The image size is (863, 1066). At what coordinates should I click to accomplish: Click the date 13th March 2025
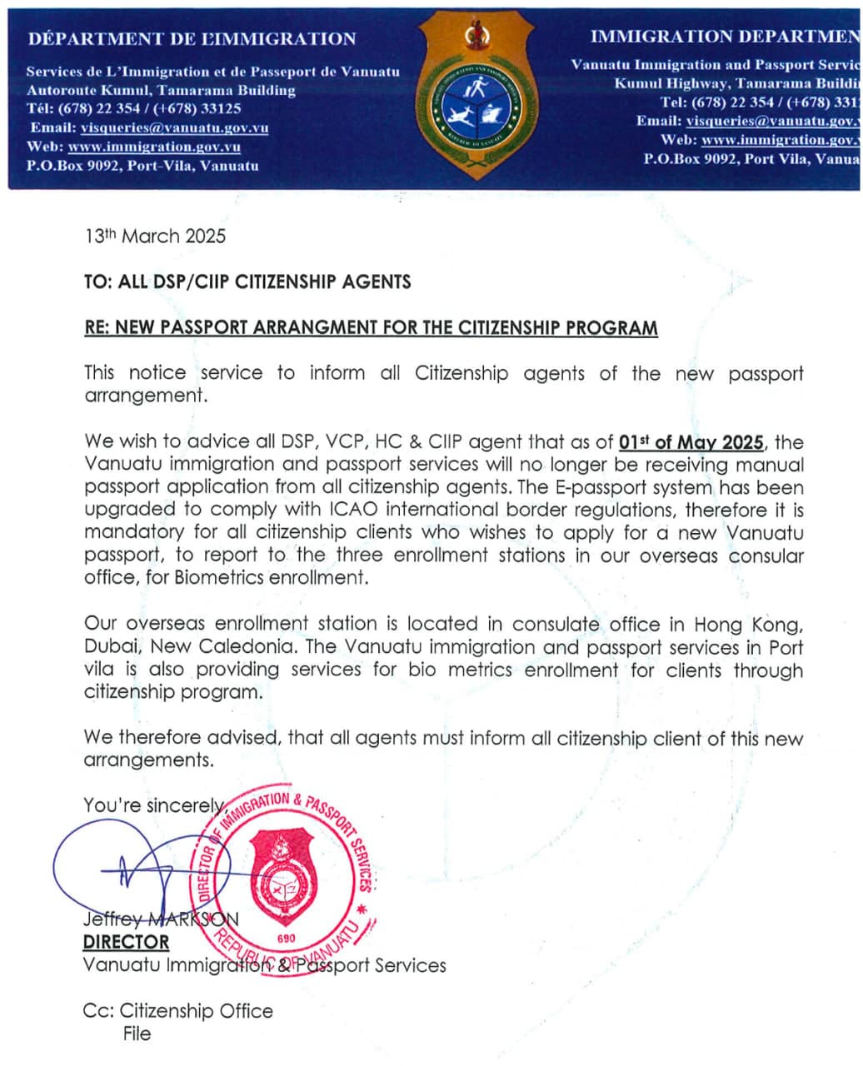click(x=155, y=237)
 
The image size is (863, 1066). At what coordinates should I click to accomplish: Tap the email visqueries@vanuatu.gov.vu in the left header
click(x=174, y=127)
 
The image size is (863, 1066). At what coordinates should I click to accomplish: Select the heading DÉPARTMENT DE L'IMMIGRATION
click(x=192, y=38)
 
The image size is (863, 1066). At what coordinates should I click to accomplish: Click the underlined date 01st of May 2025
click(x=691, y=442)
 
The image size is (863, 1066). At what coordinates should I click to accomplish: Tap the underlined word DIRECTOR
click(x=126, y=942)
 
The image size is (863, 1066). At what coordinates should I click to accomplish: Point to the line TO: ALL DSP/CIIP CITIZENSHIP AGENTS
click(x=247, y=281)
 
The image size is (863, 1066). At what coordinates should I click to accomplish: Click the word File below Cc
click(x=137, y=1034)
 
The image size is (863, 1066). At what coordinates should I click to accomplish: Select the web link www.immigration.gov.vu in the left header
click(x=154, y=147)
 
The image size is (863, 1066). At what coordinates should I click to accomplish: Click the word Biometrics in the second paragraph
click(x=220, y=577)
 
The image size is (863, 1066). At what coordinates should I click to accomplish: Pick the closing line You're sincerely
click(x=154, y=805)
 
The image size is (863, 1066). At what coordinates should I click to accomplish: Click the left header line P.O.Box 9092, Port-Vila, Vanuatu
click(x=142, y=165)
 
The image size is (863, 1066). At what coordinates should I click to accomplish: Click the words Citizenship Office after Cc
click(x=196, y=1011)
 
